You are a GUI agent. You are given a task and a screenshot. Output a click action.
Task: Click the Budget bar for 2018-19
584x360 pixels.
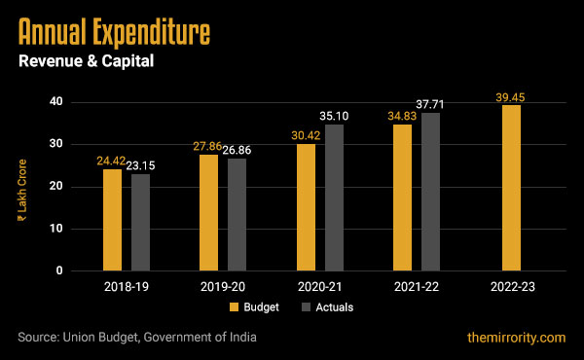pos(113,220)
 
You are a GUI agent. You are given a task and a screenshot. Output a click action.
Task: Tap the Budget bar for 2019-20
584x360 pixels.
pos(209,212)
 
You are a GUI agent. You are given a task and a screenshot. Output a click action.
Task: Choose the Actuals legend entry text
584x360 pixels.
pos(333,307)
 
